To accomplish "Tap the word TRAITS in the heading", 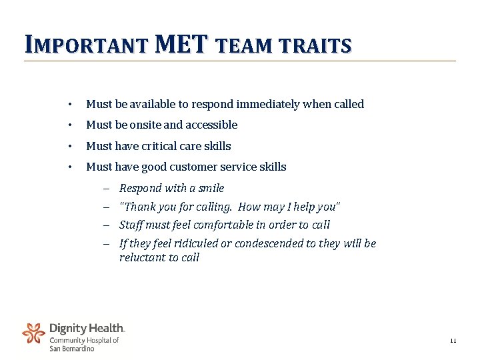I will click(x=318, y=46).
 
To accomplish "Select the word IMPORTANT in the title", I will click(x=85, y=45).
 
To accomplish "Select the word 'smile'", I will click(x=209, y=188).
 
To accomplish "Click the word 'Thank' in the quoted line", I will click(x=139, y=207).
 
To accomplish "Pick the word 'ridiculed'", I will click(x=194, y=243).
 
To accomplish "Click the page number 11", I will click(x=453, y=341).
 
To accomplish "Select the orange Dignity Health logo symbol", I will click(x=33, y=333).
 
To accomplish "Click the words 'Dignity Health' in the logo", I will click(x=87, y=328).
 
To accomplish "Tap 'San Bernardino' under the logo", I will click(x=72, y=348).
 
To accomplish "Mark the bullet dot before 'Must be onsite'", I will click(x=69, y=125).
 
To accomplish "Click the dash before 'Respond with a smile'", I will click(x=106, y=189).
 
